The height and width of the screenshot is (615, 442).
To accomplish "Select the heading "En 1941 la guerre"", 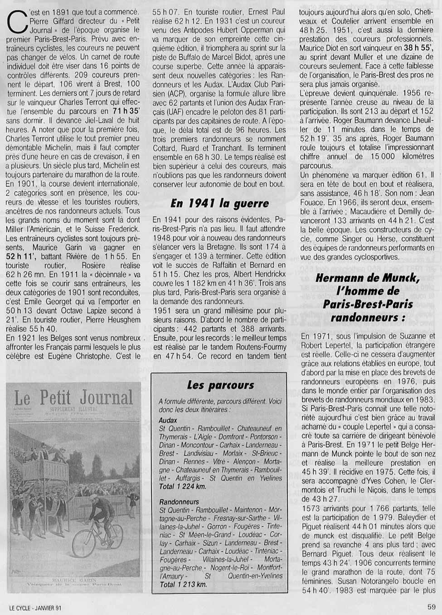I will point(219,204).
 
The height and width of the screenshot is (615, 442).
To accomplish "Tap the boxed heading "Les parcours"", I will point(220,385).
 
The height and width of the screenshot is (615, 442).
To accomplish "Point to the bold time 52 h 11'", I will point(22,257).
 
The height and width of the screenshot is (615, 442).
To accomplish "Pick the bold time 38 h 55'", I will point(417,48).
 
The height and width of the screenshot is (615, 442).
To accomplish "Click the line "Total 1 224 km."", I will point(182,486).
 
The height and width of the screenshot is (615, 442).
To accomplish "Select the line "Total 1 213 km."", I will point(183,584).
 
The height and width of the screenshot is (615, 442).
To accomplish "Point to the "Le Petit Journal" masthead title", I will point(73,398).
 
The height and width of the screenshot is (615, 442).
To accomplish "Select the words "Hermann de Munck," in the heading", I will point(368,278).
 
